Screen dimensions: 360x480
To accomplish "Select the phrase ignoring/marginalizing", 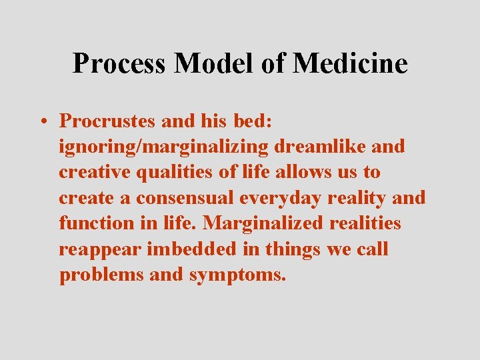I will coord(163,147).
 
